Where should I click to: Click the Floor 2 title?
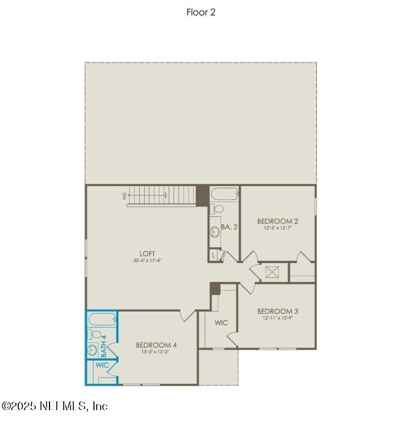[201, 12]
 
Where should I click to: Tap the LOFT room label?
[147, 254]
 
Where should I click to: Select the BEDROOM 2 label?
[277, 221]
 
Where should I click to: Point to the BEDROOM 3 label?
[277, 311]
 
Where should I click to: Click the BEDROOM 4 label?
[156, 345]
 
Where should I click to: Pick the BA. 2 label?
[229, 226]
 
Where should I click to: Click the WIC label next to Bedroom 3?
[221, 323]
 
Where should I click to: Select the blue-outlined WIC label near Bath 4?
[102, 365]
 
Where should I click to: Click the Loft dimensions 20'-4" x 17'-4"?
[147, 260]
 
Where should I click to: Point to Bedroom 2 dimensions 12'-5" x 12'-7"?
[277, 228]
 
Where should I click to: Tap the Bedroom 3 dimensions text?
[277, 318]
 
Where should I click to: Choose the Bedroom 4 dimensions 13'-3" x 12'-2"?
[156, 352]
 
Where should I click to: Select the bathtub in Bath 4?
[102, 319]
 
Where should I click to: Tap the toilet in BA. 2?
[218, 209]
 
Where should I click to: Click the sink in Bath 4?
[92, 350]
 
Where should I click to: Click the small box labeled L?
[213, 255]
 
